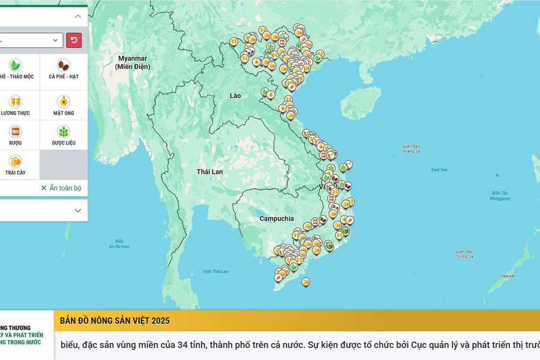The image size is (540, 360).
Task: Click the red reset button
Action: click(x=74, y=40)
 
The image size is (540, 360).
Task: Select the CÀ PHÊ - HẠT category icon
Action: click(x=64, y=65)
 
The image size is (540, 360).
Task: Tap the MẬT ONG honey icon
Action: click(x=64, y=101)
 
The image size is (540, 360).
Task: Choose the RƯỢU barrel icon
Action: click(x=15, y=131)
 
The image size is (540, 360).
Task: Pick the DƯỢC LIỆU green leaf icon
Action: click(x=64, y=131)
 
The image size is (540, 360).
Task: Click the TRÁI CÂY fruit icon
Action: click(x=15, y=161)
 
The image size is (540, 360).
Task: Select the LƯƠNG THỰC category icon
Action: click(x=15, y=101)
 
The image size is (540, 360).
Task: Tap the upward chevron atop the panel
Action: click(x=77, y=16)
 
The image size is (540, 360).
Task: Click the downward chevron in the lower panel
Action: click(x=77, y=211)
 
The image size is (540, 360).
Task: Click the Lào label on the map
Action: click(x=236, y=95)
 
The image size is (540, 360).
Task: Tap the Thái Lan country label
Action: click(x=209, y=172)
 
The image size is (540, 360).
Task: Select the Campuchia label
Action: click(x=277, y=218)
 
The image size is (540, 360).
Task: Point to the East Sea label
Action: click(x=439, y=170)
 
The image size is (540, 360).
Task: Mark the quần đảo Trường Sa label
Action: click(x=464, y=254)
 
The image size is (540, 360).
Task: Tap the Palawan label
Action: click(x=507, y=276)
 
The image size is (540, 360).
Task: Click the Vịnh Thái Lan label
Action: click(x=215, y=271)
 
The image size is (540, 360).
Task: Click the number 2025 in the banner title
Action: click(x=158, y=320)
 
